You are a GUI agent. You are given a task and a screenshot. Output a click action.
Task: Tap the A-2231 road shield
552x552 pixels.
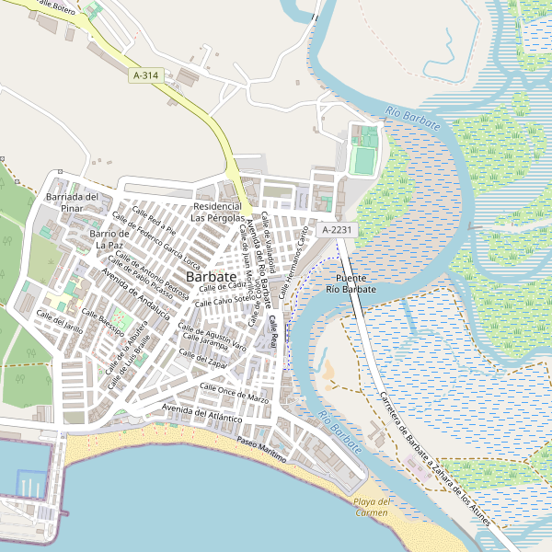pos(338,229)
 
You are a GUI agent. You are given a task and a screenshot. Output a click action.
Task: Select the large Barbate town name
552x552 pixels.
pos(211,276)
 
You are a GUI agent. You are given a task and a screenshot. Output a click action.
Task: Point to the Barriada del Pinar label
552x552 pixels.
pos(72,202)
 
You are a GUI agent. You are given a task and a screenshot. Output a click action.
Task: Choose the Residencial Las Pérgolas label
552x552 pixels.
pos(218,213)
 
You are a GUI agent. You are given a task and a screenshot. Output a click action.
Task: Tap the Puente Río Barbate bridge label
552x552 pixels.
pos(351,283)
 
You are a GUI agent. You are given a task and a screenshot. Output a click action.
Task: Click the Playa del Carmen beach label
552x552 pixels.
pos(373,507)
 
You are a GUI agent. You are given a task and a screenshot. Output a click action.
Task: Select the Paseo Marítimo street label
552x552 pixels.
pos(262,450)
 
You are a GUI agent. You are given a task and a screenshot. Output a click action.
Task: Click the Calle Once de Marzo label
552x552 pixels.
pos(234,394)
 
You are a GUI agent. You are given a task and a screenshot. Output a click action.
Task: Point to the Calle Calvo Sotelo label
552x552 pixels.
pos(222,300)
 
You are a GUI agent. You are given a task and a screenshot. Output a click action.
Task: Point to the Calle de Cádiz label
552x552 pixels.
pos(225,285)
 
